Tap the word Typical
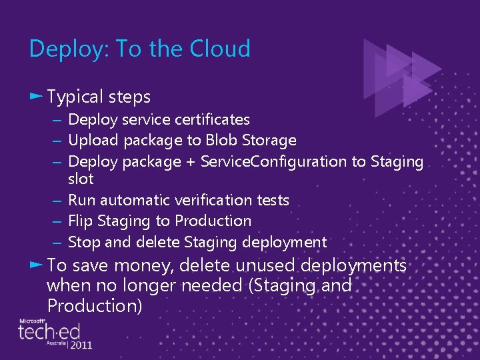(75, 97)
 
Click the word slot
(81, 179)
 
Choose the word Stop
(83, 242)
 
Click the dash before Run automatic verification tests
(58, 200)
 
